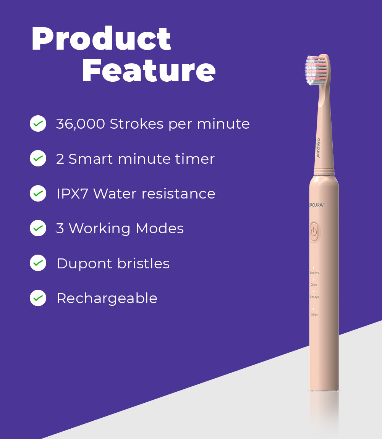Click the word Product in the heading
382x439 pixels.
click(x=101, y=39)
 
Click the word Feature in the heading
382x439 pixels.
click(x=149, y=71)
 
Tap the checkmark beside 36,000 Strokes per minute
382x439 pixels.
click(x=38, y=124)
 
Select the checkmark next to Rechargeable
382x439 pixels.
click(x=38, y=298)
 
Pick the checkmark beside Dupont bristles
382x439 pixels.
click(x=38, y=263)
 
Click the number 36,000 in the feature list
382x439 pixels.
click(x=80, y=124)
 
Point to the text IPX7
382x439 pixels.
click(x=73, y=194)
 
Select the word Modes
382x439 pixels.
click(x=160, y=228)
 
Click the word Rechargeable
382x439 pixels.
click(x=107, y=299)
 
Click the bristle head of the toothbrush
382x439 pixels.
click(x=316, y=70)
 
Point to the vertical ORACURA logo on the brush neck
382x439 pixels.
click(x=318, y=148)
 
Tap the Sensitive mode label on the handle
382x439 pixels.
click(x=314, y=273)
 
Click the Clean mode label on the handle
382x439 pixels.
click(x=314, y=285)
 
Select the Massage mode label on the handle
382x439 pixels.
click(x=314, y=297)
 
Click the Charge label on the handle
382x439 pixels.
click(x=314, y=315)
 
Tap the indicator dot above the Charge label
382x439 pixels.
click(x=314, y=309)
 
